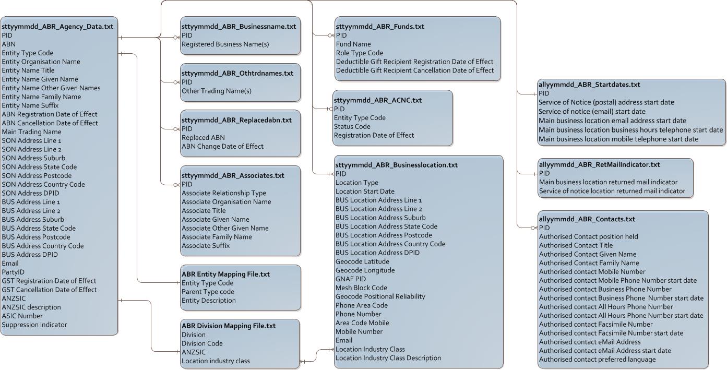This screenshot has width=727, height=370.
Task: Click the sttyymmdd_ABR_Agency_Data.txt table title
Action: click(x=57, y=26)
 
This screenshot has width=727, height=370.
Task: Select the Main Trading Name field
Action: click(x=31, y=132)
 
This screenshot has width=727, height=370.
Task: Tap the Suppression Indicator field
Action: click(x=34, y=325)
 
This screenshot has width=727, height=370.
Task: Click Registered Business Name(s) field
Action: click(x=225, y=44)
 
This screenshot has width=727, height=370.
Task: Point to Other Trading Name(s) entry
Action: click(x=216, y=91)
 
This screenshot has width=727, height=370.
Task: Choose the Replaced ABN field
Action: click(x=203, y=137)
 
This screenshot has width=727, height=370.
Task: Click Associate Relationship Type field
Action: click(x=223, y=193)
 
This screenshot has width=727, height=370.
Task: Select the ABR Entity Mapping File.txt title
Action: click(x=225, y=274)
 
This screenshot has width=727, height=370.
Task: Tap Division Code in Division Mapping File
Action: click(x=202, y=343)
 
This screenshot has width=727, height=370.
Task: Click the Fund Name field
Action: click(x=353, y=44)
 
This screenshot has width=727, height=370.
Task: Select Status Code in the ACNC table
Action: click(x=352, y=126)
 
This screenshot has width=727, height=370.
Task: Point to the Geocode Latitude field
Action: click(x=362, y=261)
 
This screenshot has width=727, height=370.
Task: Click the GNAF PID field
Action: click(x=351, y=279)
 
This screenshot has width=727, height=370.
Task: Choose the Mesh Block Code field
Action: click(x=361, y=288)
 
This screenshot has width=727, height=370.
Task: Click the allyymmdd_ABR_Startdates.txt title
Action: click(x=589, y=84)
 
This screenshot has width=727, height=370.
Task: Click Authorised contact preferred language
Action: click(x=597, y=359)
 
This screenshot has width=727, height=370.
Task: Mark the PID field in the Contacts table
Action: click(x=544, y=228)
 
